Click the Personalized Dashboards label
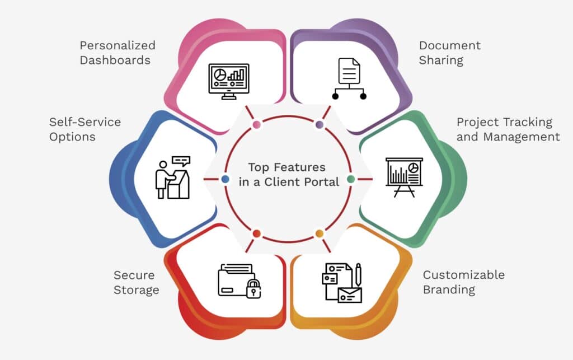click(x=118, y=53)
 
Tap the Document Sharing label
click(x=450, y=53)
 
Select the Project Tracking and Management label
click(x=508, y=129)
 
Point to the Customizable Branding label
click(x=463, y=282)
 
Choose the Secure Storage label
click(x=137, y=282)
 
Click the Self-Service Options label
click(x=84, y=129)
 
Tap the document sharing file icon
click(x=349, y=79)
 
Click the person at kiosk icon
click(x=172, y=177)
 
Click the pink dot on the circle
click(x=256, y=125)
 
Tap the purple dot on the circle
click(x=320, y=125)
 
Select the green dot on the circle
click(x=351, y=179)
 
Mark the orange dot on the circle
click(x=320, y=233)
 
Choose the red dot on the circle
click(x=256, y=233)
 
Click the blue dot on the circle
click(x=225, y=179)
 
